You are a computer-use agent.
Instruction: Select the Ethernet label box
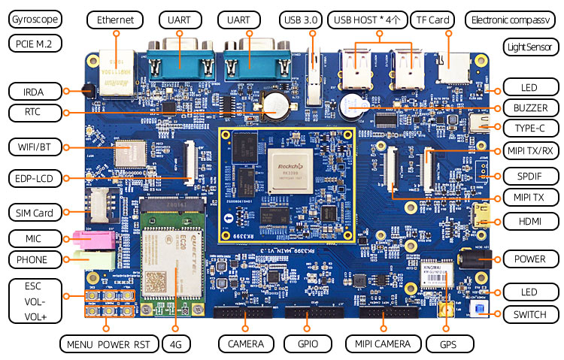tap(115, 20)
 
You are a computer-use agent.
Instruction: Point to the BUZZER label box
tap(525, 107)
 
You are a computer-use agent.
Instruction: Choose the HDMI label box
tap(525, 221)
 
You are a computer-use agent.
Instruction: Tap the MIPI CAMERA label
tap(382, 343)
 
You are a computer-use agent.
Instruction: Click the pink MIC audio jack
tap(92, 238)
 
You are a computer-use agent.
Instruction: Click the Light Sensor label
tap(530, 47)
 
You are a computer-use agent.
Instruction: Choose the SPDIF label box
tap(525, 177)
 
